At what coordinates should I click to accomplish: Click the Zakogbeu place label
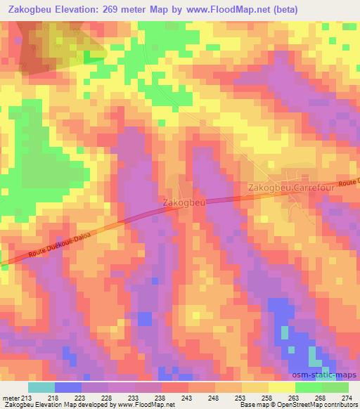pos(184,202)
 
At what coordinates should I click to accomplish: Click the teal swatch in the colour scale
pos(41,387)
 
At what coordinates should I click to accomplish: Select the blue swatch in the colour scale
pos(68,387)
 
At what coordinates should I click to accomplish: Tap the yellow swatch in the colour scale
pos(282,387)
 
